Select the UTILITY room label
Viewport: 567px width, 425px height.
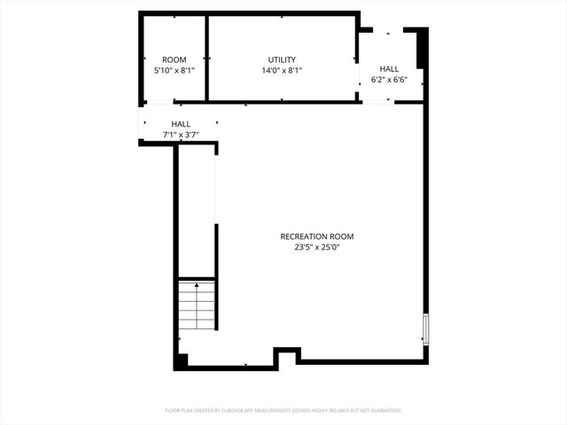282,60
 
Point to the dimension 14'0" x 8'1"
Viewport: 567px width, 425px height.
282,71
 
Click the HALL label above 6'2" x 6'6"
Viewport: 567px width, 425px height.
389,68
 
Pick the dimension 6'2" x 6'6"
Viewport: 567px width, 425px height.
389,79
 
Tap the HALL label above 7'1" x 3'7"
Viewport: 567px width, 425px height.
181,124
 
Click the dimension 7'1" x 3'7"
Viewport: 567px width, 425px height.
181,135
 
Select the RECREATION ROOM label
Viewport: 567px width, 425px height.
317,236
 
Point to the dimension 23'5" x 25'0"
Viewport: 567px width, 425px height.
317,248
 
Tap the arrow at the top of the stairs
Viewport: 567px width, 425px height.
197,287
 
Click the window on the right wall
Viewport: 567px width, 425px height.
426,328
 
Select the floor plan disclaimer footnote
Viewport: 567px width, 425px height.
283,411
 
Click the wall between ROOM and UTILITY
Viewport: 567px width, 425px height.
206,58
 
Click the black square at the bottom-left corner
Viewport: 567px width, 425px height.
181,361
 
